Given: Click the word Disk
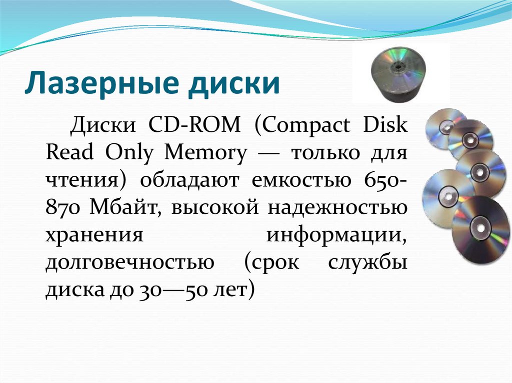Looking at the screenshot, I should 386,124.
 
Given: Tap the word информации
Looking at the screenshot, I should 336,234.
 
